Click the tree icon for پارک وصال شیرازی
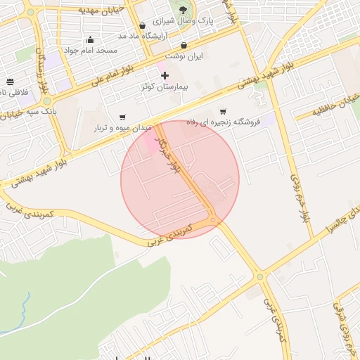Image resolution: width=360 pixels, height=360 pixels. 184,10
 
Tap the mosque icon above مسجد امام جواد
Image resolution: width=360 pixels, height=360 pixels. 89,39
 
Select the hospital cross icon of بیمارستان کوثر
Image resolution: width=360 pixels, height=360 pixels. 165,75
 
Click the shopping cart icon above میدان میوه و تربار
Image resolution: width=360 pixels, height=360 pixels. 123,117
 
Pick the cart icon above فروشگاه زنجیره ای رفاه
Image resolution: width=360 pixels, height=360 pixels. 223,111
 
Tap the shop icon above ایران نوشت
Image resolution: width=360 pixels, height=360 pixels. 184,45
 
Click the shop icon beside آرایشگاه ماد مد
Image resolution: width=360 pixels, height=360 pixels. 143,26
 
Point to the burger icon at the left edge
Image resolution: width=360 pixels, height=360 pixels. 10,82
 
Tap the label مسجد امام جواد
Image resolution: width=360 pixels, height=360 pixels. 90,50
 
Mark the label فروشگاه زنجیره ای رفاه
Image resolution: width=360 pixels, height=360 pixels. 223,122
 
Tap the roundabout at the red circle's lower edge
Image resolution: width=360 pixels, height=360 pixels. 213,220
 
